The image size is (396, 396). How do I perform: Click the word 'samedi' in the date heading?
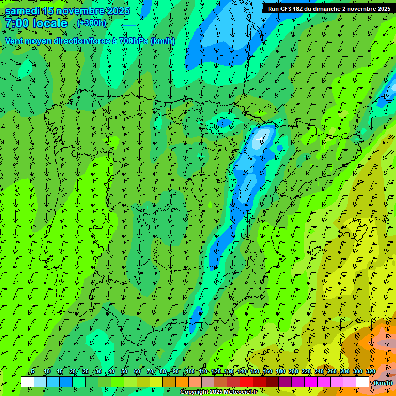[21, 11]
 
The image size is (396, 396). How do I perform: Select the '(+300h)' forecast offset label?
[91, 23]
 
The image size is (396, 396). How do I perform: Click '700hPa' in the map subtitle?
[133, 41]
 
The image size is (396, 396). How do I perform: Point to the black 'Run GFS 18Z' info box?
[328, 8]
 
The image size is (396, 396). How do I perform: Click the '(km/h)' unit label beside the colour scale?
[382, 383]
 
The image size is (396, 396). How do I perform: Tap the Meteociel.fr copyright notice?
[219, 392]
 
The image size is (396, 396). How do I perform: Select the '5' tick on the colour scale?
[33, 371]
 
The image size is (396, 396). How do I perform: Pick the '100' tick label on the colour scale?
[190, 371]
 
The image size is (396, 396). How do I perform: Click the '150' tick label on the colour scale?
[255, 371]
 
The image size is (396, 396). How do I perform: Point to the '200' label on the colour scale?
[293, 371]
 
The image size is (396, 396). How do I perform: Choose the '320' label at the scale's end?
[371, 371]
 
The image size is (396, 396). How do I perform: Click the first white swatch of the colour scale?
[27, 382]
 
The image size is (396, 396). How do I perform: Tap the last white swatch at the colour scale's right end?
[362, 382]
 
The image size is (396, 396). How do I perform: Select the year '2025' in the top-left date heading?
[118, 11]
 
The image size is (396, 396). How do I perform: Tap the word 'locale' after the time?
[50, 24]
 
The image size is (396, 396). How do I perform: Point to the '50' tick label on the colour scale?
[124, 371]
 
